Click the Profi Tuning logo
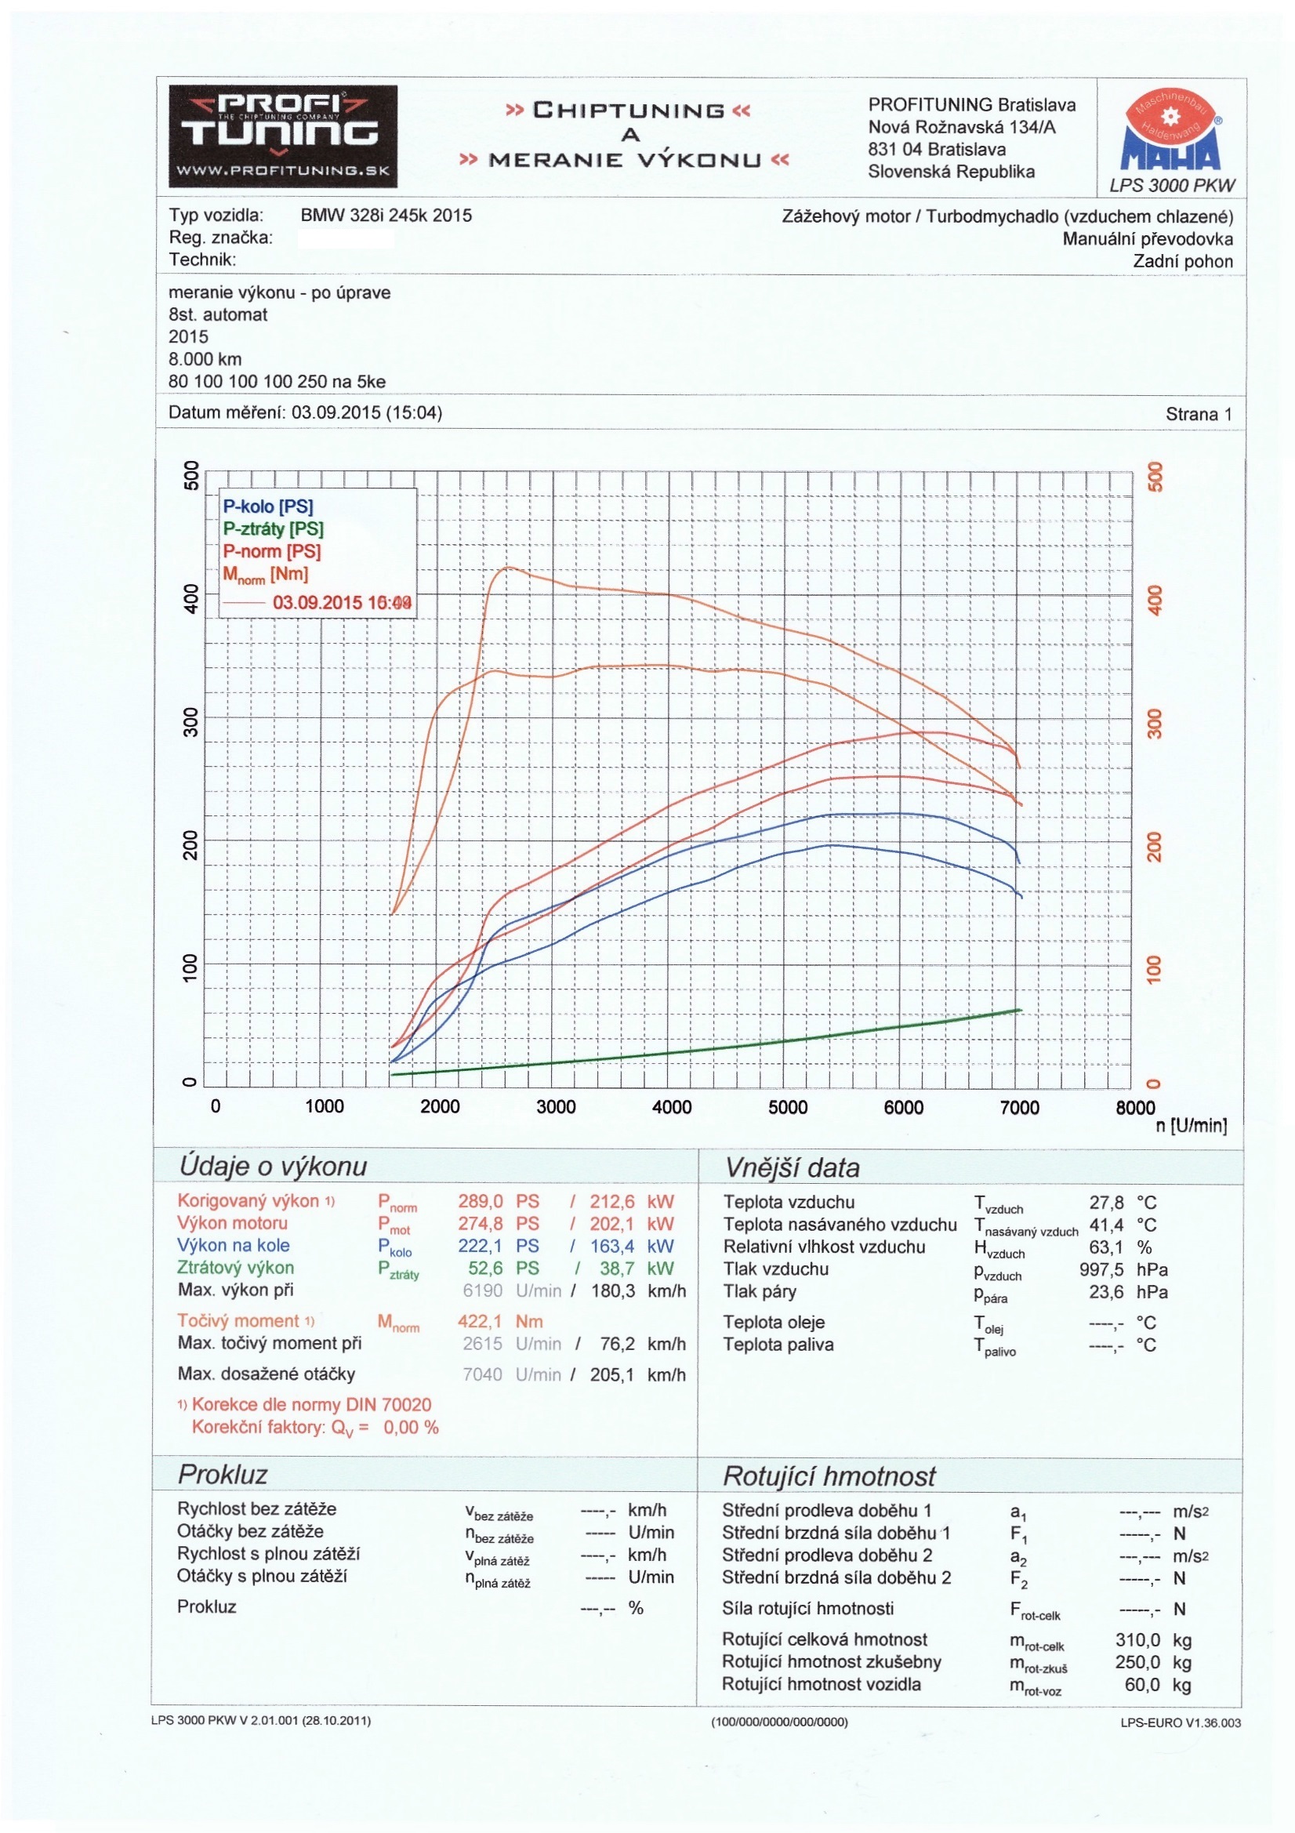(x=283, y=136)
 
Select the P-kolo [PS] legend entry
(x=267, y=506)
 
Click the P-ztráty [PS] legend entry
(x=273, y=528)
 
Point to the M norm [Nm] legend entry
(x=265, y=574)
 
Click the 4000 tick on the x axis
(x=672, y=1106)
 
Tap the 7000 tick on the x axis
(x=1020, y=1107)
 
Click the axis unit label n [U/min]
(x=1191, y=1126)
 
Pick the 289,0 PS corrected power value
(x=499, y=1202)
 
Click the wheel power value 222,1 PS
(x=499, y=1247)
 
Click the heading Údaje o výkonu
(x=272, y=1167)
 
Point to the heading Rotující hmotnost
(x=829, y=1476)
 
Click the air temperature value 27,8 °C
(x=1122, y=1203)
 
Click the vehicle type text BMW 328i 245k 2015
(x=386, y=216)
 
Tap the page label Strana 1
(x=1199, y=413)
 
